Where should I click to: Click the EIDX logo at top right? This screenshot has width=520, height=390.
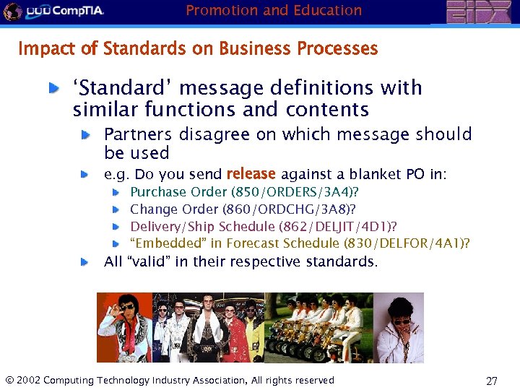(x=478, y=12)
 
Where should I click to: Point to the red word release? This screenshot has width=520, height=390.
(x=251, y=174)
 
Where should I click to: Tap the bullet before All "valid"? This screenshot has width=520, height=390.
(x=85, y=261)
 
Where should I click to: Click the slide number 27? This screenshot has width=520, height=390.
(x=492, y=381)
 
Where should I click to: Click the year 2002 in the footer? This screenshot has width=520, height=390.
(x=27, y=381)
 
